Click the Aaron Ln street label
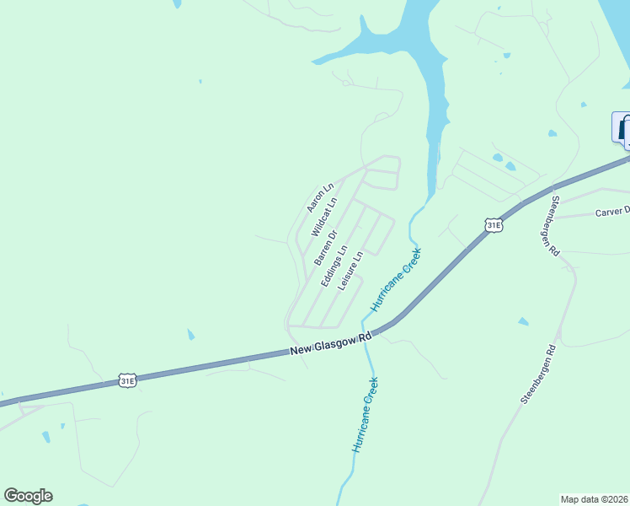[320, 196]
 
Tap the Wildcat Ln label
[323, 217]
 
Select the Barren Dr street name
[326, 248]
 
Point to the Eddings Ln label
[334, 266]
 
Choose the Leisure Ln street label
[350, 271]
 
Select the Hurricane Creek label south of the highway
[366, 414]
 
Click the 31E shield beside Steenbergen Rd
[494, 224]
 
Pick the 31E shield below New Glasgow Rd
[127, 381]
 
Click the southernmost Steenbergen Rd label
[538, 374]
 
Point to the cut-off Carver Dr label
[612, 213]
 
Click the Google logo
[28, 496]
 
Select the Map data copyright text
[595, 499]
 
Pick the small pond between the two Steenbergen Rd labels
[523, 321]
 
